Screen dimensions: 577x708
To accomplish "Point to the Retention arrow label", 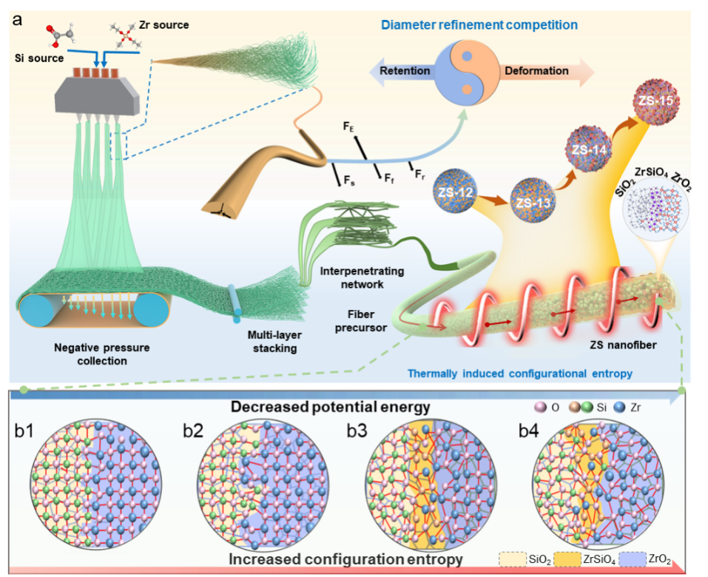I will [x=404, y=72].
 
